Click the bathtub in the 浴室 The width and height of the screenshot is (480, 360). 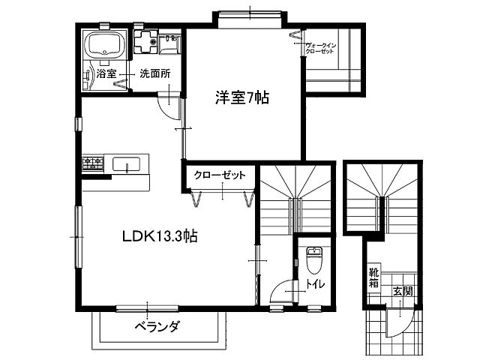(x=106, y=45)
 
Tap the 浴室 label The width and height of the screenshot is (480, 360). (x=106, y=73)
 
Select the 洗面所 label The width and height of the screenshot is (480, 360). (x=155, y=73)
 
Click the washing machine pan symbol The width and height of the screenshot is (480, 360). (x=145, y=41)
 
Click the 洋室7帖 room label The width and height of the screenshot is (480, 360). (x=242, y=97)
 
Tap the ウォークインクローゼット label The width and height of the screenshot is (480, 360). (x=320, y=48)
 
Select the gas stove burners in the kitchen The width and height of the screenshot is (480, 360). (x=93, y=163)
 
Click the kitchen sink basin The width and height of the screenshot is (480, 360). (x=127, y=164)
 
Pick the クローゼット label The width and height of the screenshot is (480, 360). (x=220, y=175)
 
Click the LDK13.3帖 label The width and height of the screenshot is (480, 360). (x=160, y=236)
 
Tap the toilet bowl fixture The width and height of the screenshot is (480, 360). (x=314, y=260)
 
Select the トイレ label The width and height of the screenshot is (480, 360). (x=315, y=284)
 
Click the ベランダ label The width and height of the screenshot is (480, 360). (x=157, y=327)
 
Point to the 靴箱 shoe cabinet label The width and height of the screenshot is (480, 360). (x=373, y=277)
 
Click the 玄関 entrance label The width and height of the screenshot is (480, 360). (x=403, y=291)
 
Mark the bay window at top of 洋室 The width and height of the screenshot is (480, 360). (x=250, y=19)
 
